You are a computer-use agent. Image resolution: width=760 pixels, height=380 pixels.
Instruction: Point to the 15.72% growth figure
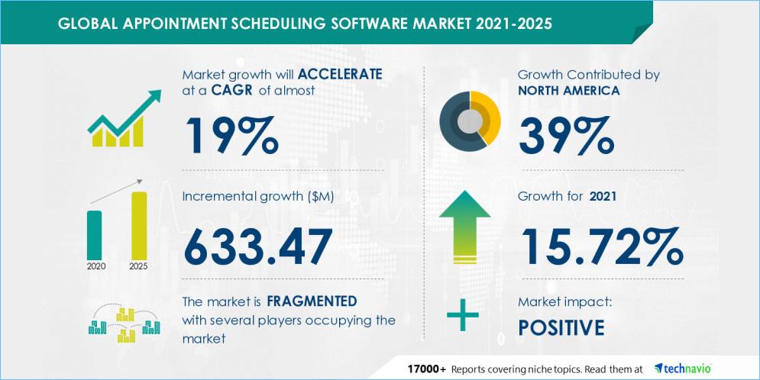(600, 245)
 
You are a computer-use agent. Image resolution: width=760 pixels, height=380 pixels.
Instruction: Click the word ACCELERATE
(340, 75)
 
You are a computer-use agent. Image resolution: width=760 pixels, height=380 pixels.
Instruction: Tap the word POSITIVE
(561, 327)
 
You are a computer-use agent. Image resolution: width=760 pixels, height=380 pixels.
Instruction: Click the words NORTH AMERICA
(568, 90)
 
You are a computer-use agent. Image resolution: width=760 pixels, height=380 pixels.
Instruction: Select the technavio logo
(683, 368)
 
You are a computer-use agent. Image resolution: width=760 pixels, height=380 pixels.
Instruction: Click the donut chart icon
(470, 121)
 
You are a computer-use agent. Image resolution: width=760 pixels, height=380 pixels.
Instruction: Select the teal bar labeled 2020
(95, 234)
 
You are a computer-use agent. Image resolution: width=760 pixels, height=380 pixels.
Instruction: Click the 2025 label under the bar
(139, 267)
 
